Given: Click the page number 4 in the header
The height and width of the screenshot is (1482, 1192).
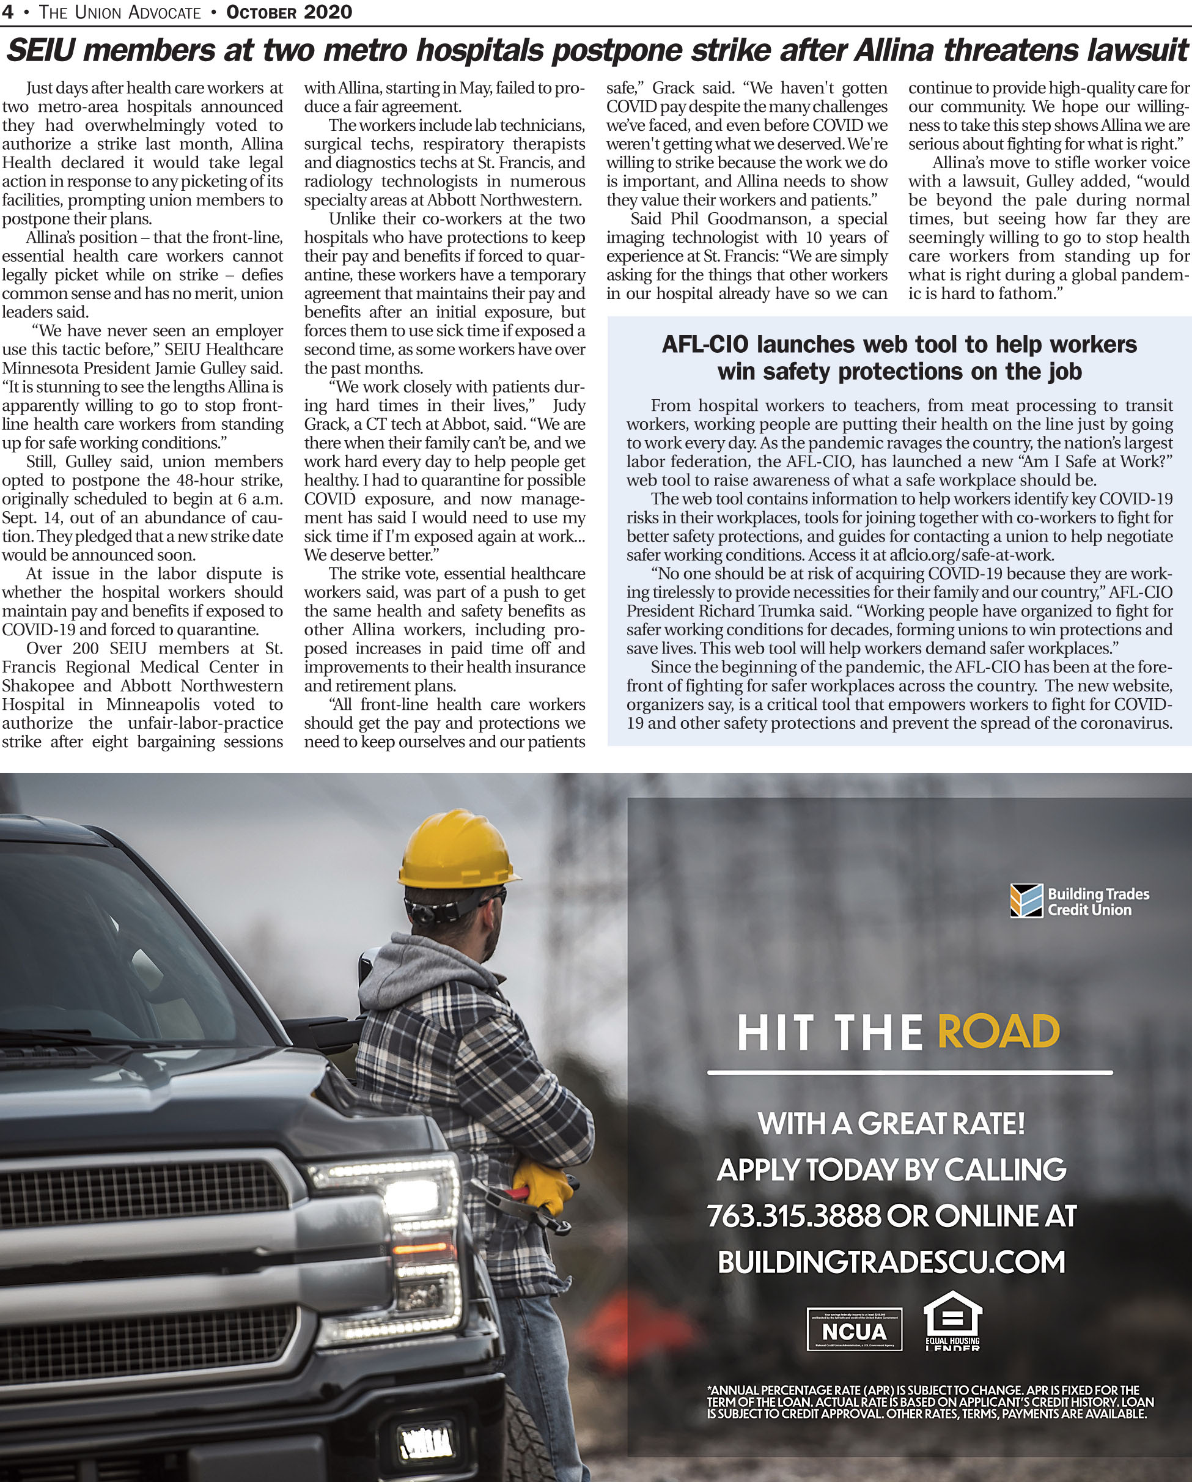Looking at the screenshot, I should click(7, 12).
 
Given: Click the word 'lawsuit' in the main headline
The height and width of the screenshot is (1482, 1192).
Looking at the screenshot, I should click(1138, 50).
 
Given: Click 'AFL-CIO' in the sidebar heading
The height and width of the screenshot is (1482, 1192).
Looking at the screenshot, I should click(705, 344).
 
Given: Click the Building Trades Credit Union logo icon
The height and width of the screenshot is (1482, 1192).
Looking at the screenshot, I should click(1026, 901).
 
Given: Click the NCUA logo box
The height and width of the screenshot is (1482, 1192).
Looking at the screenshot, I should click(854, 1329).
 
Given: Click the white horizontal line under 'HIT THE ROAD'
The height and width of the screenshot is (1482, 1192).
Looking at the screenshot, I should click(910, 1072).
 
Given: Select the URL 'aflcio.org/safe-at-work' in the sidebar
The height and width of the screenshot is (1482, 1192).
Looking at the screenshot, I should click(971, 555).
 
